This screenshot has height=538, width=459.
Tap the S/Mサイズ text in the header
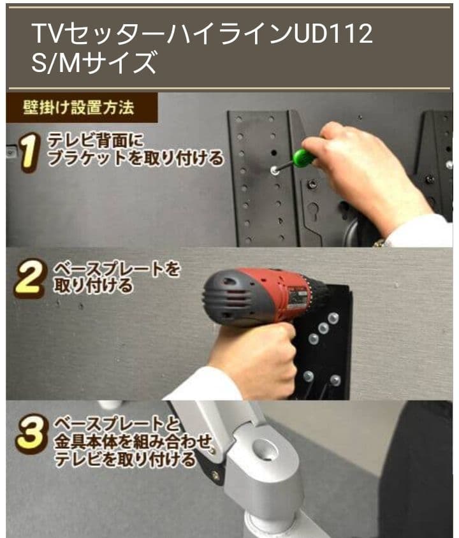tap(94, 64)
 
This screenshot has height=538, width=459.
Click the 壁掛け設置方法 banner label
tap(79, 107)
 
